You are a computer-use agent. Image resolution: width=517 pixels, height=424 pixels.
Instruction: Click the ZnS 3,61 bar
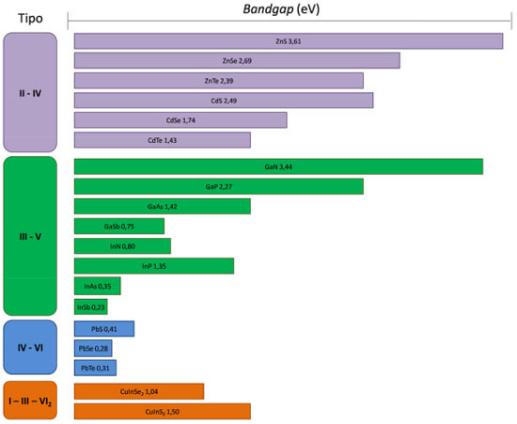coord(289,41)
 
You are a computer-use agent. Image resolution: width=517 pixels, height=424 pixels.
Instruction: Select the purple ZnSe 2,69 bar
coord(237,61)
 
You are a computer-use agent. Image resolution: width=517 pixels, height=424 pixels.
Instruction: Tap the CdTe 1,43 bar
coord(163,140)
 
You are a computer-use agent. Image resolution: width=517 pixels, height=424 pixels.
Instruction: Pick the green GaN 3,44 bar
coord(278,166)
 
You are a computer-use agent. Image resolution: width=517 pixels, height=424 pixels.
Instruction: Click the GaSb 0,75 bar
coord(119,227)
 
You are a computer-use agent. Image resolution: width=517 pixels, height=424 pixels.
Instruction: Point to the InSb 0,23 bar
coord(90,307)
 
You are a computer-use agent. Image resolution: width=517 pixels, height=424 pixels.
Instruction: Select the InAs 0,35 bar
coord(97,286)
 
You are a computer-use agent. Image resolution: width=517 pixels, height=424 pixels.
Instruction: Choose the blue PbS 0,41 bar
coord(104,329)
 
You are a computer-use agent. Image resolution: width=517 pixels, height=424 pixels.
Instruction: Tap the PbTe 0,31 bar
coord(95,368)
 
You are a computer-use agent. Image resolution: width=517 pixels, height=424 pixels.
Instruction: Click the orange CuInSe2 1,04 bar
coord(139,391)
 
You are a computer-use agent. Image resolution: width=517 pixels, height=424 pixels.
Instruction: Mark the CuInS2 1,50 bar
coord(163,412)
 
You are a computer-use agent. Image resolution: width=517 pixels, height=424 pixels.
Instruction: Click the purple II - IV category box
coord(30,92)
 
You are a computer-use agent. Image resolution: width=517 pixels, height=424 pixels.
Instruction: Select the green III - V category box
coord(30,236)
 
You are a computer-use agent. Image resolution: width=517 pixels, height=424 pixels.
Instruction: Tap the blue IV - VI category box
coord(30,347)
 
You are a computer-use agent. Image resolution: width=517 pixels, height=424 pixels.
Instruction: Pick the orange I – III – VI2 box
coord(30,400)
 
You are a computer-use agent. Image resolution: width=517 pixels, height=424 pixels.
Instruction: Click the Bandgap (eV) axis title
coord(281,9)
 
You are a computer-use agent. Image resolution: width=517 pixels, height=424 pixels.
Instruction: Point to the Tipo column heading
coord(30,18)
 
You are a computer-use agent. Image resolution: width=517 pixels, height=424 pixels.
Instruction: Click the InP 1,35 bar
coord(154,266)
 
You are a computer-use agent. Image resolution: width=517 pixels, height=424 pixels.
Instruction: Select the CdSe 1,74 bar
coord(180,120)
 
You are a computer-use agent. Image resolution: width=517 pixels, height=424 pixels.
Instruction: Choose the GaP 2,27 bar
coord(219,186)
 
